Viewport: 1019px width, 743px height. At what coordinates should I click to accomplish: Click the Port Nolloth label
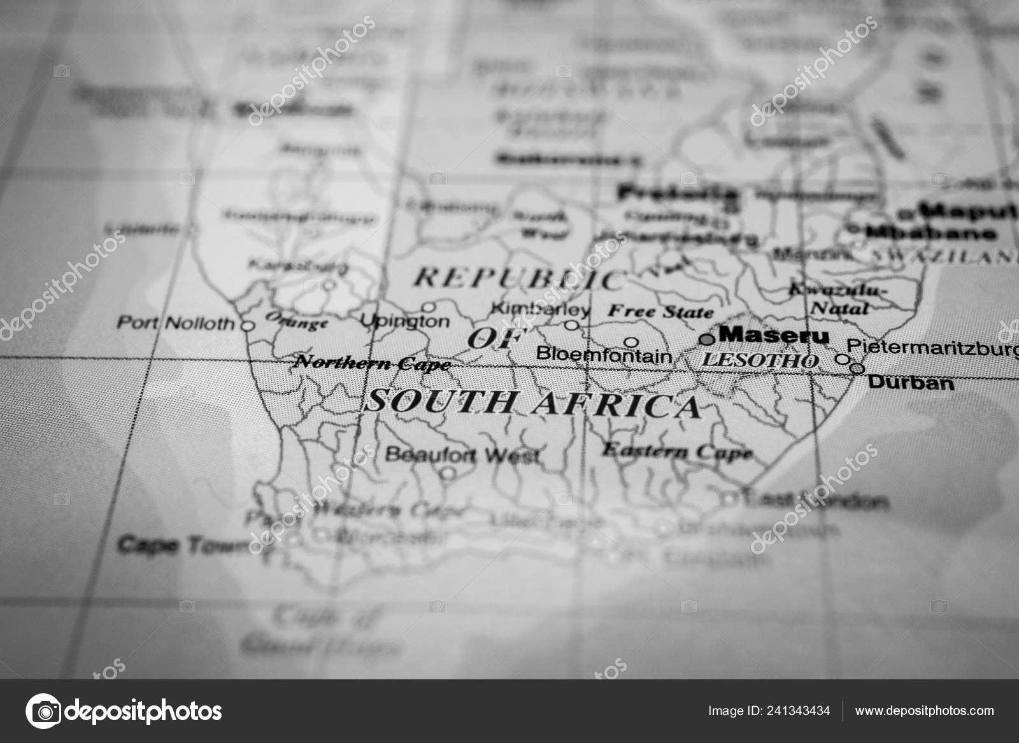point(176,323)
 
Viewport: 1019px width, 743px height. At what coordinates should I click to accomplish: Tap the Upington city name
point(405,322)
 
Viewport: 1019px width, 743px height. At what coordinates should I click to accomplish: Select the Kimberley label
point(541,310)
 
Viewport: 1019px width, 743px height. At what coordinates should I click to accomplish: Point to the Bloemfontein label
point(604,355)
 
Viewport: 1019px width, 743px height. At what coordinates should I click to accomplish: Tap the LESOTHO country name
point(759,361)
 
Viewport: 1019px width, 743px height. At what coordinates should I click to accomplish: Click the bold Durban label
point(911,382)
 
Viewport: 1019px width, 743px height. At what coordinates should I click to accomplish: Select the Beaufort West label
point(463,455)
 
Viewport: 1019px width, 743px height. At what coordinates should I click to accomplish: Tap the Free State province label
point(660,311)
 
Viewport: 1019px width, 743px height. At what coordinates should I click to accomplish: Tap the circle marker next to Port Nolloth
point(248,325)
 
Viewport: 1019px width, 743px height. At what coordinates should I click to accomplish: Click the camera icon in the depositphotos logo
point(43,710)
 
